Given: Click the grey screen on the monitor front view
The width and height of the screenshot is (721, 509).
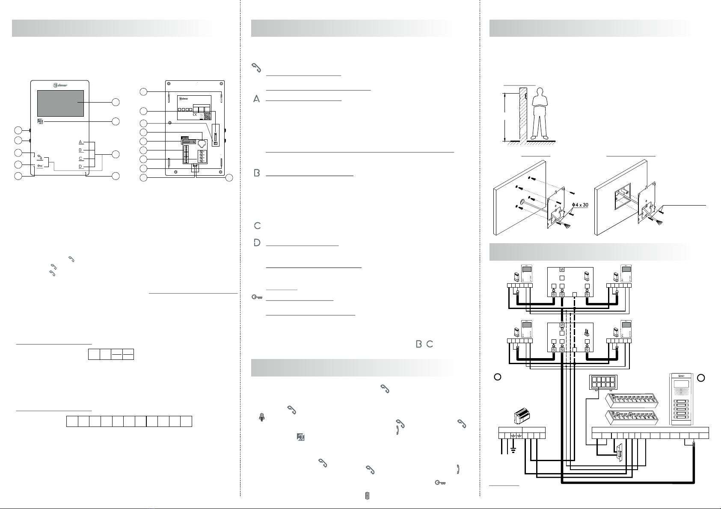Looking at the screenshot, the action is click(x=60, y=103).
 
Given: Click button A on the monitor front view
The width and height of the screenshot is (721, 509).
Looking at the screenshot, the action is click(x=80, y=141).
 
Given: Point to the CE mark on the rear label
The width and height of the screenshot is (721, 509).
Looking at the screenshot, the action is click(x=194, y=115).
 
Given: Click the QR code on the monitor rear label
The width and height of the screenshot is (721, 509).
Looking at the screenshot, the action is click(x=207, y=115).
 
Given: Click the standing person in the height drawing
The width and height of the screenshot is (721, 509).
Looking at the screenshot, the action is click(x=539, y=113).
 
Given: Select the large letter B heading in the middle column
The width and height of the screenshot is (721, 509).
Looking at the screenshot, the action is click(x=257, y=173).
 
